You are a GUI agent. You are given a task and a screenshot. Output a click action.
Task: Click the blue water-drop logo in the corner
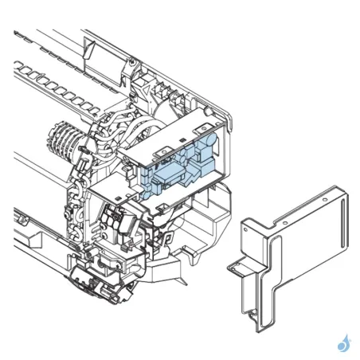(x=344, y=342)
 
